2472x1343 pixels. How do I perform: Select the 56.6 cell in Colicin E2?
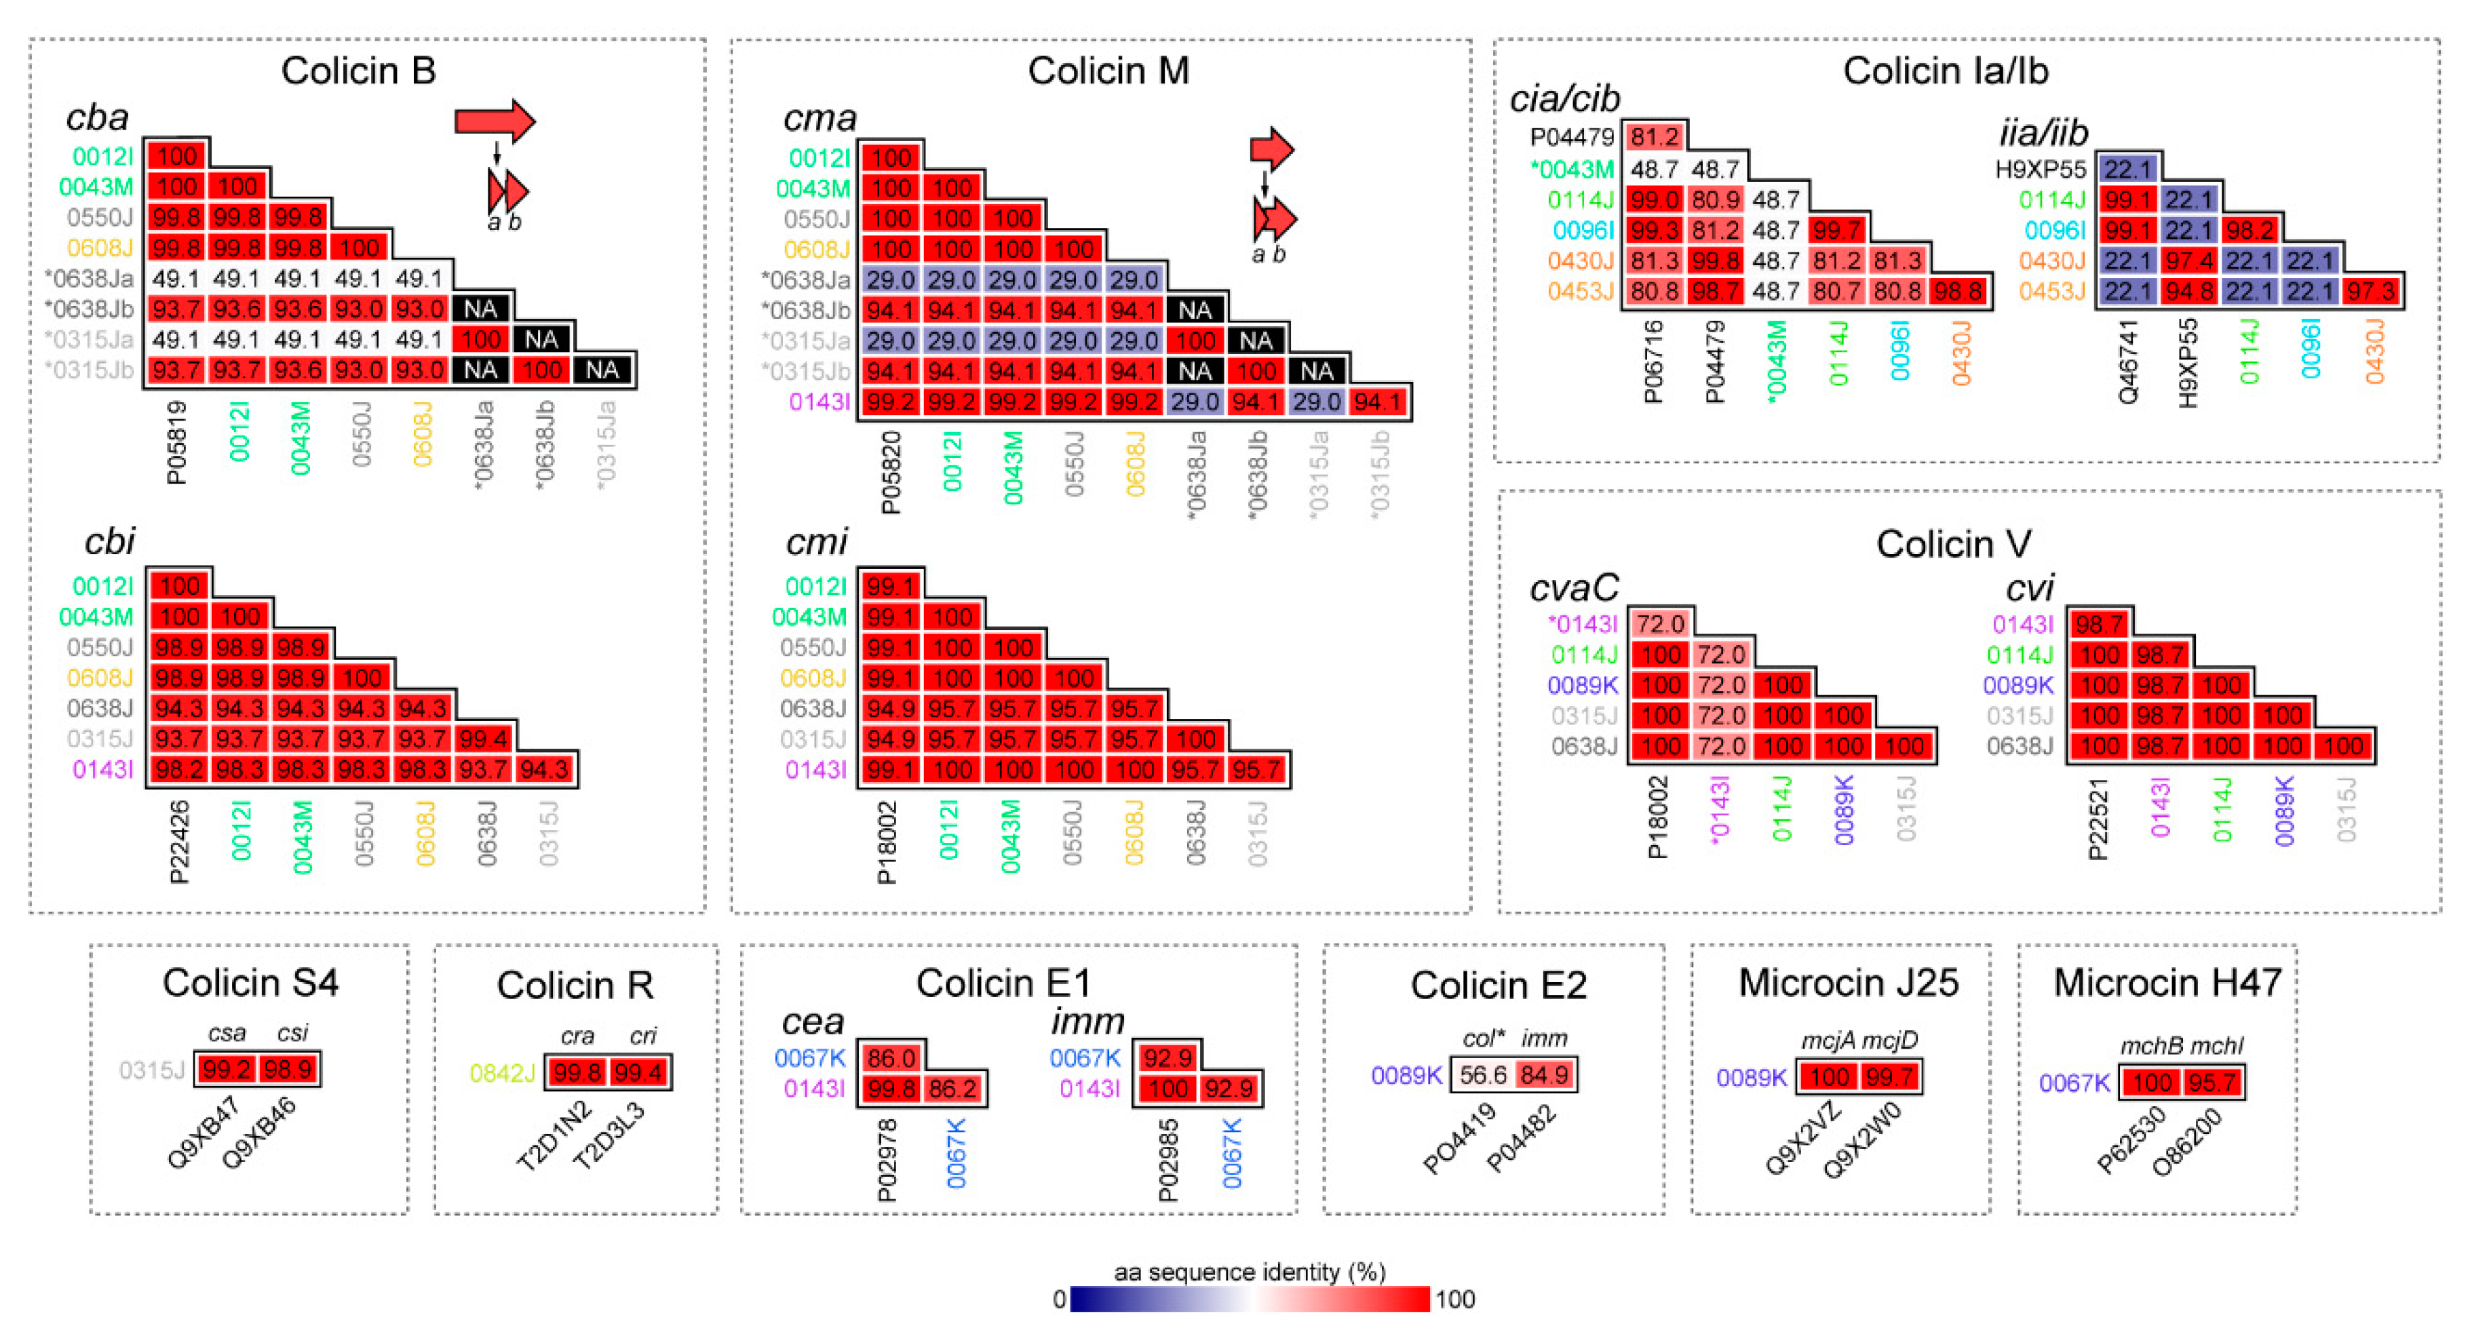(1483, 1074)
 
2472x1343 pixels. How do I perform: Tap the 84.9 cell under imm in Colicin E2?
(1544, 1074)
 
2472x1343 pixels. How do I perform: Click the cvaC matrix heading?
(1573, 587)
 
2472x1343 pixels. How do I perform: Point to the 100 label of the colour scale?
(1455, 1300)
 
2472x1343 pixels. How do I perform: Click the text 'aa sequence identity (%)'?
(1250, 1272)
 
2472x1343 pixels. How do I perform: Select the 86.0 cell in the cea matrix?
(891, 1058)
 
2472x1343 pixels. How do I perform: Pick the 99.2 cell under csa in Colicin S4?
(227, 1069)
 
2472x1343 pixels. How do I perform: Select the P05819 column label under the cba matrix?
(176, 442)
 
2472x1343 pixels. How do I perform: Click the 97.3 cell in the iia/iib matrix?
(2372, 291)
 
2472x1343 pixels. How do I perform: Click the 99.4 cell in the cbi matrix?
(484, 739)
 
